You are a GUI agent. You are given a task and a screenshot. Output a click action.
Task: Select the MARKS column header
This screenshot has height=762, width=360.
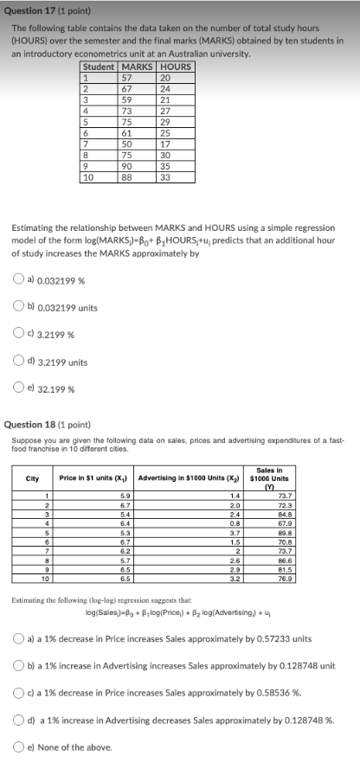coord(137,67)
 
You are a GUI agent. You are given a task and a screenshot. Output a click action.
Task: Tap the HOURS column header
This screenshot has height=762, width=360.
coord(177,67)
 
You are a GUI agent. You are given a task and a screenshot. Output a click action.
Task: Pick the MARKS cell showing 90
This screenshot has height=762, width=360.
coord(127,166)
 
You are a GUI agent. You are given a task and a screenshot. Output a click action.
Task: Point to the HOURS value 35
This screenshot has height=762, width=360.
coord(166,166)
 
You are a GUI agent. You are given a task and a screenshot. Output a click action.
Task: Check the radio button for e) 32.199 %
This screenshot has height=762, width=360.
coord(19,389)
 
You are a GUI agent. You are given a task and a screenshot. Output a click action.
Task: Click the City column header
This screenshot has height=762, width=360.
coord(33,478)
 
